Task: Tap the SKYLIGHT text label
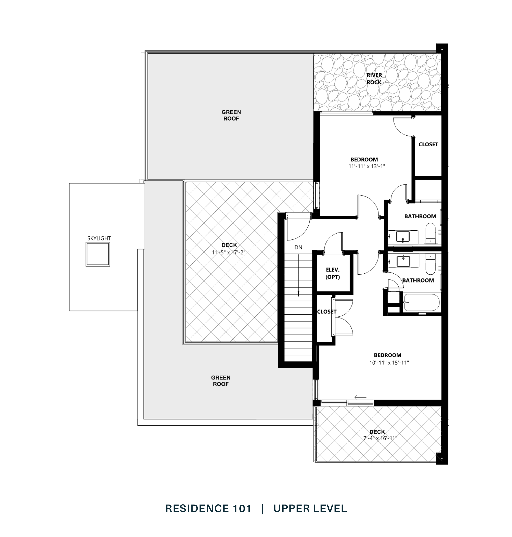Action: (x=99, y=238)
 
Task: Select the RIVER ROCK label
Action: (x=374, y=78)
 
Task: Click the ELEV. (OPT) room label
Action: (x=333, y=273)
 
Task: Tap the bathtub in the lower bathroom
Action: (x=422, y=303)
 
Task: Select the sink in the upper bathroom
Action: (x=403, y=237)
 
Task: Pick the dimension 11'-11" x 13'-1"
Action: (x=367, y=166)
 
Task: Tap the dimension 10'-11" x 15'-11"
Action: (x=389, y=363)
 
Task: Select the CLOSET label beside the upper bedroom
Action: (x=428, y=144)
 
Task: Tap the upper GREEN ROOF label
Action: (x=231, y=115)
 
